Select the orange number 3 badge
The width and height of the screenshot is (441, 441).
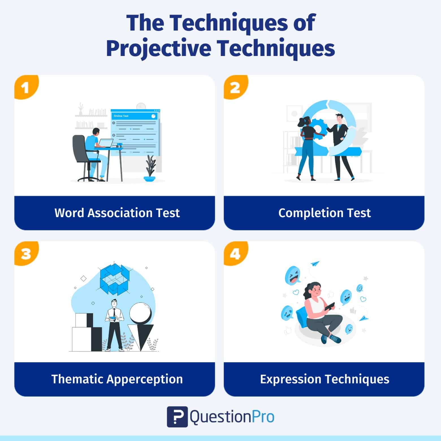click(26, 253)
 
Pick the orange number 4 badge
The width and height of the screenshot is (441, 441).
click(235, 253)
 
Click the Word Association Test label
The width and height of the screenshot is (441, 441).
click(117, 213)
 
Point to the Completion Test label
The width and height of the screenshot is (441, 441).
click(324, 213)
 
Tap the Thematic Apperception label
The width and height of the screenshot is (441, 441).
click(117, 379)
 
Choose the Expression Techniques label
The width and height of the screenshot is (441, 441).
click(324, 379)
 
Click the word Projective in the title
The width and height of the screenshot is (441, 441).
click(159, 48)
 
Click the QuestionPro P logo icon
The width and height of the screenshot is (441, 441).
click(177, 417)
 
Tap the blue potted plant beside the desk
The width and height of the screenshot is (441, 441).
click(150, 170)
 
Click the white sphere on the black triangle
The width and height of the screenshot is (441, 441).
click(140, 313)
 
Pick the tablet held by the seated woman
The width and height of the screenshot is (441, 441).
click(329, 306)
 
